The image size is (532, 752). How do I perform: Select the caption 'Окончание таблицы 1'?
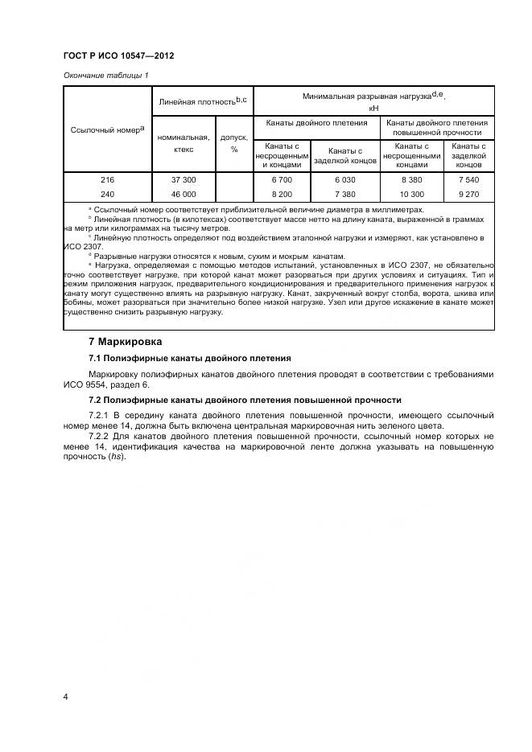105,76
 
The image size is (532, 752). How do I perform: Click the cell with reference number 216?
108,179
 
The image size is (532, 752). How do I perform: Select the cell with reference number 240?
108,194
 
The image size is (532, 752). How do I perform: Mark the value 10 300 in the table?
411,194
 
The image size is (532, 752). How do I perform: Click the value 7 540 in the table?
468,179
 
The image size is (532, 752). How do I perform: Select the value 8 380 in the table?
411,179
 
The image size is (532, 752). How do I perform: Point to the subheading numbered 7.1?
189,357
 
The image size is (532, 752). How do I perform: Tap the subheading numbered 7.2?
244,400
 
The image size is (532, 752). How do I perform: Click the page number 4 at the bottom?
66,696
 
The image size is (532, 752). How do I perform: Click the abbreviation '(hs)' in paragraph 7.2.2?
116,457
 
